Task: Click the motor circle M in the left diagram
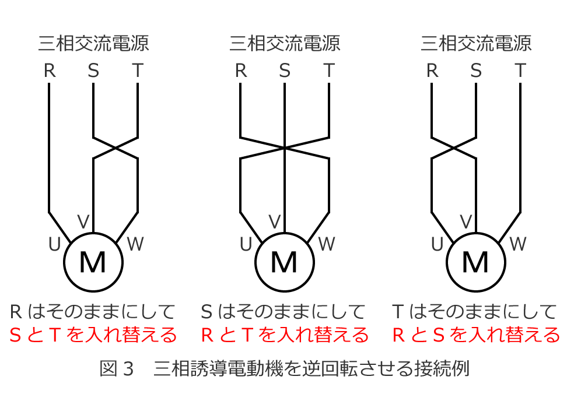click(x=93, y=262)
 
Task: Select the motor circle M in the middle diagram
click(x=285, y=262)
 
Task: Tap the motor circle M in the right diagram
click(x=475, y=262)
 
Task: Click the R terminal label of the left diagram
click(x=50, y=71)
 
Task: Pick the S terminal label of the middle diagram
click(x=285, y=71)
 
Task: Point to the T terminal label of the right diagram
click(x=520, y=71)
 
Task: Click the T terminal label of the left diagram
click(x=138, y=71)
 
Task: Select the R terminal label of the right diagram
click(x=432, y=71)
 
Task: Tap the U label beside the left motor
click(x=54, y=245)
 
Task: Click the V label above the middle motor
click(x=274, y=221)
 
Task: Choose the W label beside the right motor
click(x=517, y=244)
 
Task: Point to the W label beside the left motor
click(x=135, y=244)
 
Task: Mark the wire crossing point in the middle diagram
click(x=285, y=147)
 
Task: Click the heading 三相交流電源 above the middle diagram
click(x=285, y=43)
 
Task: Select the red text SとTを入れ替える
click(x=93, y=335)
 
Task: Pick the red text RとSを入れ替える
click(x=475, y=335)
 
